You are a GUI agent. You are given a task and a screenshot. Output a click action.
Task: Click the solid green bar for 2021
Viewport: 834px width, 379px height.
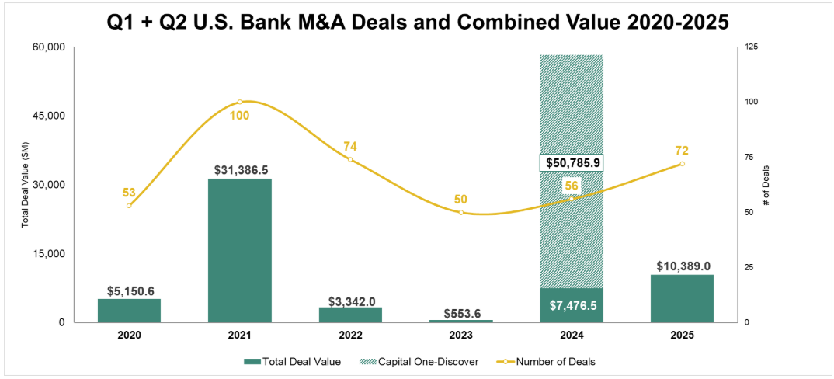pos(239,250)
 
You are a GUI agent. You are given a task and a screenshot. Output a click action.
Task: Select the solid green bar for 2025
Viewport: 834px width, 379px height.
pos(682,298)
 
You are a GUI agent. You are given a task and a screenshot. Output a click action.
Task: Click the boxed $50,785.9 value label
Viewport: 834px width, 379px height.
pos(572,164)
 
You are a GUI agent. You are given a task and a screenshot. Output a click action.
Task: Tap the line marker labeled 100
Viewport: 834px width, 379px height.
pos(239,102)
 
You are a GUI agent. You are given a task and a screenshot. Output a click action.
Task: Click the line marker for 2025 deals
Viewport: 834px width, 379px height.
pos(682,164)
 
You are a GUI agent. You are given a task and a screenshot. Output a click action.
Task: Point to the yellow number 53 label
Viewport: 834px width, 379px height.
pos(130,192)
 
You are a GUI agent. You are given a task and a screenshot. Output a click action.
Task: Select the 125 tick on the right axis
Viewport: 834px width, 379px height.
pos(751,47)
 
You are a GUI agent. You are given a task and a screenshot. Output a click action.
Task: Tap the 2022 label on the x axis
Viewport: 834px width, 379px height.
pos(350,336)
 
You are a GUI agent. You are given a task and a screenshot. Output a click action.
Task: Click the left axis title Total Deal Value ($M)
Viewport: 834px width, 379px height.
pos(25,185)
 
